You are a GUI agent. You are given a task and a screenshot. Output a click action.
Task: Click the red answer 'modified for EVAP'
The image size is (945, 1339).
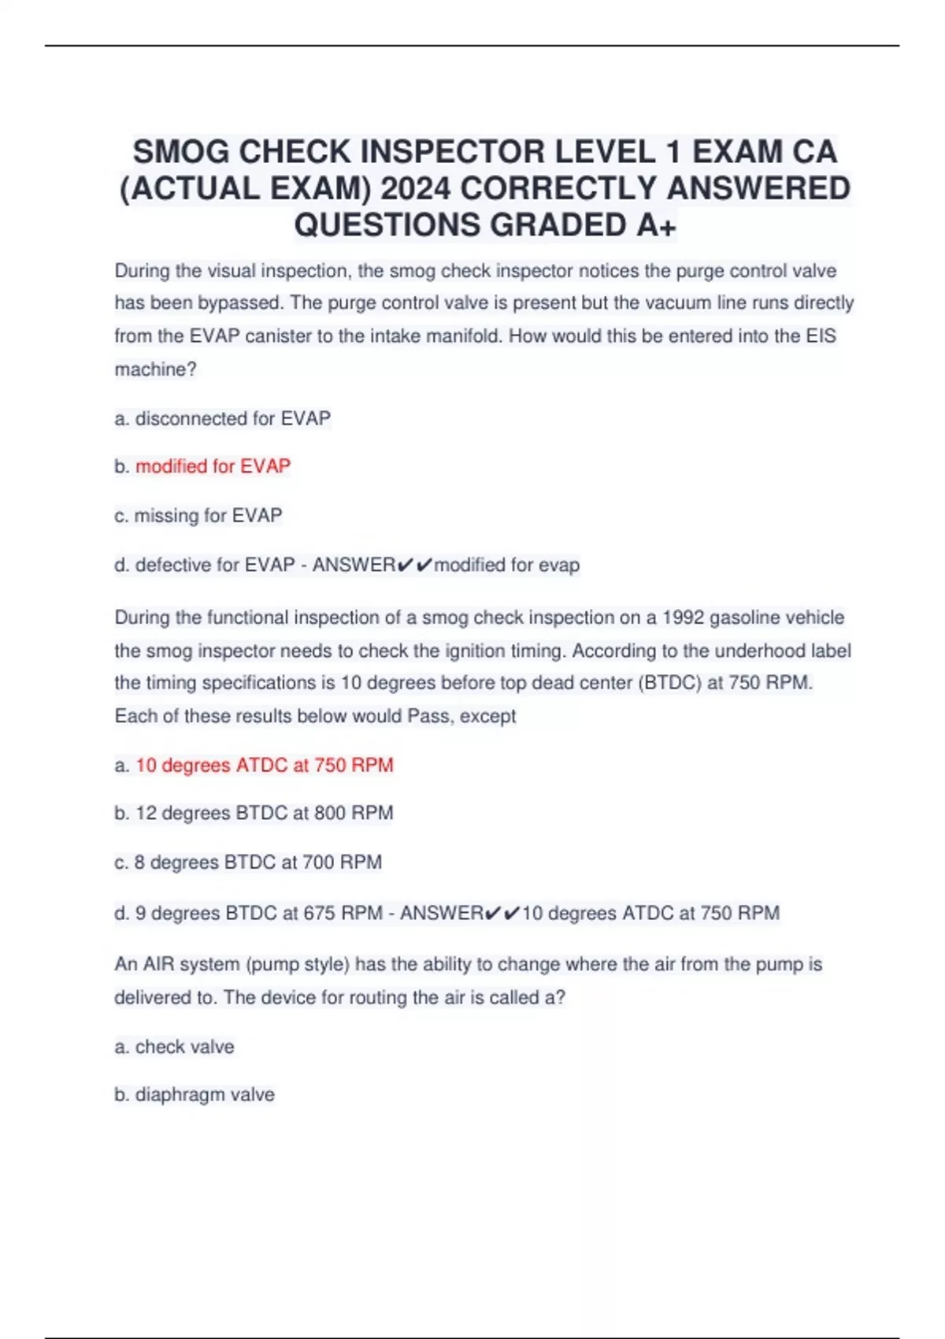click(x=213, y=466)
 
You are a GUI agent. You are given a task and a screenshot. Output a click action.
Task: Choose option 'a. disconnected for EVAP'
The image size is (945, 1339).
click(x=222, y=418)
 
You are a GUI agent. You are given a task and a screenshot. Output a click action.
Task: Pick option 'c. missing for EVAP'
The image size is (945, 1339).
click(x=198, y=515)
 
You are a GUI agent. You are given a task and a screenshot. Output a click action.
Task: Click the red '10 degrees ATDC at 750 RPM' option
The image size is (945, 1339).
click(x=264, y=765)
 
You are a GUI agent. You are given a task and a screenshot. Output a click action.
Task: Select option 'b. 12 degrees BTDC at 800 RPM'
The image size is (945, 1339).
click(x=254, y=813)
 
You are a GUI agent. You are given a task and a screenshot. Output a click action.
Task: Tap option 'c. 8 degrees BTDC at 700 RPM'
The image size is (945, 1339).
click(x=248, y=862)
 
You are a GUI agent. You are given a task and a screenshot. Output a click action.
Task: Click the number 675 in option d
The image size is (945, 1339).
click(x=320, y=913)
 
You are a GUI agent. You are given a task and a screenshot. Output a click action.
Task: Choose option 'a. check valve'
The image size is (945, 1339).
click(x=174, y=1047)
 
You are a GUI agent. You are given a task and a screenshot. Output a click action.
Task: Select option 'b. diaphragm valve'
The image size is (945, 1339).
click(x=195, y=1095)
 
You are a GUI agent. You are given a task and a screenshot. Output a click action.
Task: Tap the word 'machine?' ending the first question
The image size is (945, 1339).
click(x=155, y=369)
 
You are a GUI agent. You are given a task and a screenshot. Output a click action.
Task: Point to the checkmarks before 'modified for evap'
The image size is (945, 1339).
click(x=415, y=565)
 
